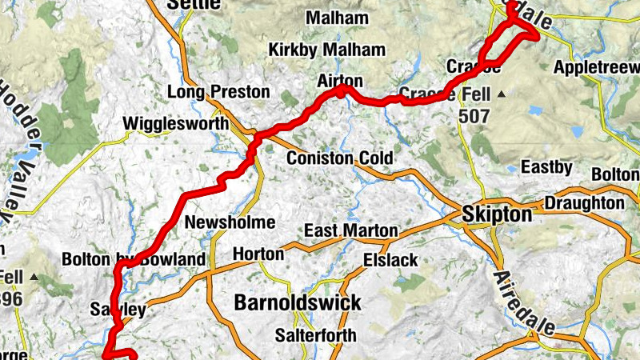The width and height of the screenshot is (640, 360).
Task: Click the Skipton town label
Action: [497, 215]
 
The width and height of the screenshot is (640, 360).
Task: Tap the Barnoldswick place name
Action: [298, 302]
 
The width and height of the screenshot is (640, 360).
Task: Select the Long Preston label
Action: [218, 92]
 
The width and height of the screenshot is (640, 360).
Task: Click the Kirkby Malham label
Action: [327, 50]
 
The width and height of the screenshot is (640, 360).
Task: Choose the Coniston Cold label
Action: [341, 158]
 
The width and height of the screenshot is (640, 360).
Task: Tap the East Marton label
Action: [351, 231]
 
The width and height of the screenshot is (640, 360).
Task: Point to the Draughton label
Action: [585, 204]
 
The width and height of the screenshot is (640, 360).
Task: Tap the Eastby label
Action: [546, 167]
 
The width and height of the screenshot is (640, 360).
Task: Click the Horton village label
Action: [258, 254]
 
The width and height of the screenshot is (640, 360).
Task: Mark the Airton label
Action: [340, 81]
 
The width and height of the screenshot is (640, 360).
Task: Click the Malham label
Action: [338, 18]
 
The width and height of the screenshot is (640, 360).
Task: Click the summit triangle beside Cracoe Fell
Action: [502, 95]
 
